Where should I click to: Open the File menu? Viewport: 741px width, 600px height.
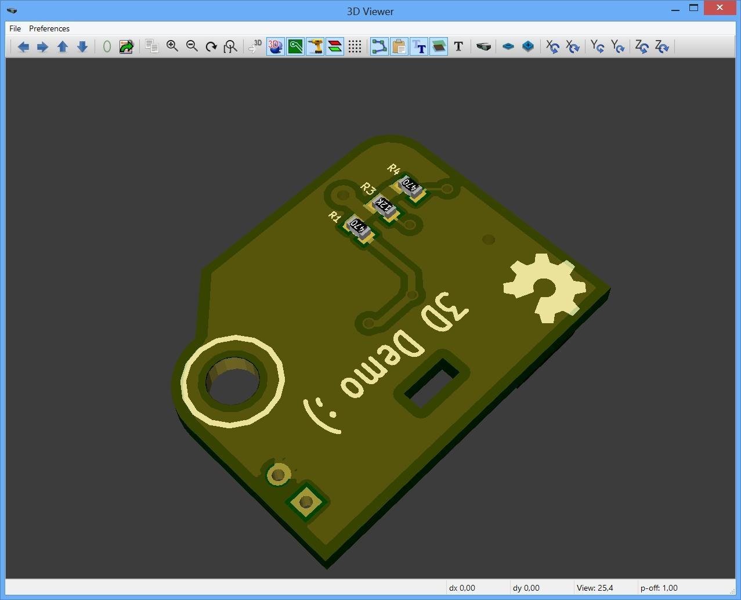pos(15,28)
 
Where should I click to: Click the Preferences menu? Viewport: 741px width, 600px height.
pos(49,28)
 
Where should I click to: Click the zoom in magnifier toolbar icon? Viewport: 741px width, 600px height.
pos(172,46)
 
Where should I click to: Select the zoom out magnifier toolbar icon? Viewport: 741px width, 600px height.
pos(192,46)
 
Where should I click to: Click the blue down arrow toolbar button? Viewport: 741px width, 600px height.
pos(82,46)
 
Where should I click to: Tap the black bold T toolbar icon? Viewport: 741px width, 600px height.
pos(458,46)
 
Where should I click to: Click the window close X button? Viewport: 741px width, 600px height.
pos(720,8)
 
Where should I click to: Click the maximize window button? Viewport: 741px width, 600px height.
pos(693,8)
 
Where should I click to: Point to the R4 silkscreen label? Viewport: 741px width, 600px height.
pos(394,169)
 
